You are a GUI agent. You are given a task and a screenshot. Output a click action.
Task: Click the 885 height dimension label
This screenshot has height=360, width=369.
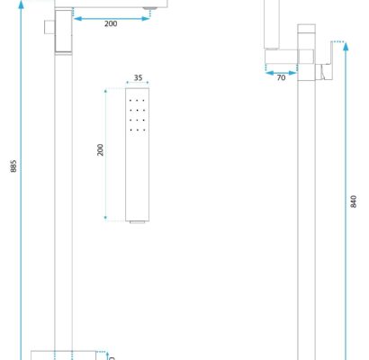coord(13,166)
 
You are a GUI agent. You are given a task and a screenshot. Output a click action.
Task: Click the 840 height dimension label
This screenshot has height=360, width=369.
coord(354,202)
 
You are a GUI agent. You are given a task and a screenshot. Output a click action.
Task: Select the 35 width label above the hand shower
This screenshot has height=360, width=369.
coord(138,77)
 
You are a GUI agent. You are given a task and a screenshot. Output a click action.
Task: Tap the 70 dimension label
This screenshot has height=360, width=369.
coord(281,77)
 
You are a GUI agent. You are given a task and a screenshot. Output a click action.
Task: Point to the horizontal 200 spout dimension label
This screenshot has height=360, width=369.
coord(111,23)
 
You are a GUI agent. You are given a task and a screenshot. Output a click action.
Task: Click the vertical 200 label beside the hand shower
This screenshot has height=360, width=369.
coord(100,150)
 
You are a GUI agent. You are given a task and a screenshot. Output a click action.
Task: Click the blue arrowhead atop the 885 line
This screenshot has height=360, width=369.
coord(21,5)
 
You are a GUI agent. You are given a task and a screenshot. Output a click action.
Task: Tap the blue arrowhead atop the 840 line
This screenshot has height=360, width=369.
coord(346,47)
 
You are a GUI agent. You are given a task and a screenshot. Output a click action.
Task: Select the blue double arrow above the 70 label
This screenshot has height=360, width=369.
coord(281,73)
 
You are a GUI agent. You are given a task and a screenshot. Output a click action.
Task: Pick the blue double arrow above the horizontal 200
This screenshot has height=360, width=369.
coord(112,19)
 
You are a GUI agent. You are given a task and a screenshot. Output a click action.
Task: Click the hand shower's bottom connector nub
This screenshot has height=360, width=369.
coord(138,222)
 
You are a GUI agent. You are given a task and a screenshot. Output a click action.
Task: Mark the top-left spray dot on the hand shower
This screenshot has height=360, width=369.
coord(130,101)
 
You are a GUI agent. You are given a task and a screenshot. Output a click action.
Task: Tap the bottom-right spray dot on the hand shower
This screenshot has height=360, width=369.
coord(144,130)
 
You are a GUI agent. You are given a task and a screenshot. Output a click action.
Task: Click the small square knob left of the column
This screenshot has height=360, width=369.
coord(49,27)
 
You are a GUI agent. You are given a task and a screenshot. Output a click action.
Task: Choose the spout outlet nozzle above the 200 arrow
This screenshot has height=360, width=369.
coord(149,8)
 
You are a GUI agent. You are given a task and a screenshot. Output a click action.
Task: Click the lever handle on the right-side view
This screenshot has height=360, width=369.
coord(327,61)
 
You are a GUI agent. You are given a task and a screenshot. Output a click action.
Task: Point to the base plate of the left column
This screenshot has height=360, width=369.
coord(64,355)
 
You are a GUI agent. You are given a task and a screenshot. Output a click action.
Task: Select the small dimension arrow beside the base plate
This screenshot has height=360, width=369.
coord(108,356)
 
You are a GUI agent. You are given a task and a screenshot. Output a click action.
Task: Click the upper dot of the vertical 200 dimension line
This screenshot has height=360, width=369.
coord(105,90)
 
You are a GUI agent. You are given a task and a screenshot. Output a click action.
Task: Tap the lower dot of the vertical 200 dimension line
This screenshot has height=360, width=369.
coord(105,218)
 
